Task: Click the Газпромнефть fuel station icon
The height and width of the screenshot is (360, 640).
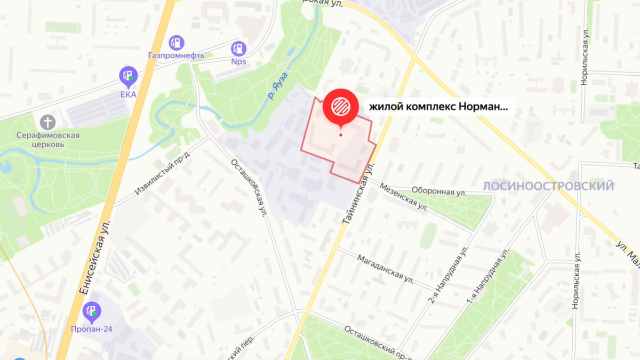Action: [176, 43]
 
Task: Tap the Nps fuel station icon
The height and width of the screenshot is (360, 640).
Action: [238, 49]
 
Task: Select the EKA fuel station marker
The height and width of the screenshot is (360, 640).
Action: [128, 76]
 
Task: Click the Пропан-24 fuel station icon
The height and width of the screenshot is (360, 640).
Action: [92, 311]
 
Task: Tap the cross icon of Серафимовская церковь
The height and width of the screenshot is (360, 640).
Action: [47, 122]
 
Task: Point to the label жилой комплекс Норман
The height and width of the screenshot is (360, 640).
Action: [438, 106]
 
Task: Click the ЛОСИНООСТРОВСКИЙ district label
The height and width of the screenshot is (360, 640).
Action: [548, 186]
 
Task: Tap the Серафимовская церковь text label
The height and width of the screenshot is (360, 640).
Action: [47, 140]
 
